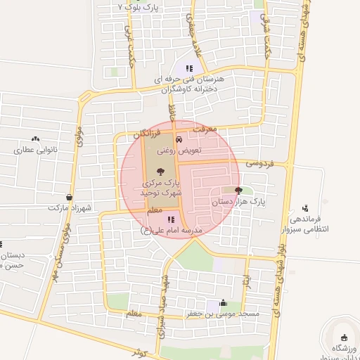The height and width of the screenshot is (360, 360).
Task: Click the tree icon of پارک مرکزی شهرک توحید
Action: pos(161,171)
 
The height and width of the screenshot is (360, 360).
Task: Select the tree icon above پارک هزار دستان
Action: pos(238,190)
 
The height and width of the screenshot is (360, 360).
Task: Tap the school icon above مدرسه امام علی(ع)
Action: pos(171,220)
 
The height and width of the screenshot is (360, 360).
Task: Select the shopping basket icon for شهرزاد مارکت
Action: pos(69,197)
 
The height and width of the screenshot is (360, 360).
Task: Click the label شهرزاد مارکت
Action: pos(67,208)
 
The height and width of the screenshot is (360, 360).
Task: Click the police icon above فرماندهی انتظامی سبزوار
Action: pos(304,208)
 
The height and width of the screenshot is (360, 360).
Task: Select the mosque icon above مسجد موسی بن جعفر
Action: pos(224,303)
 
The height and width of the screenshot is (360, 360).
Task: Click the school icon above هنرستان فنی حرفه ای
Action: pos(188,68)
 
